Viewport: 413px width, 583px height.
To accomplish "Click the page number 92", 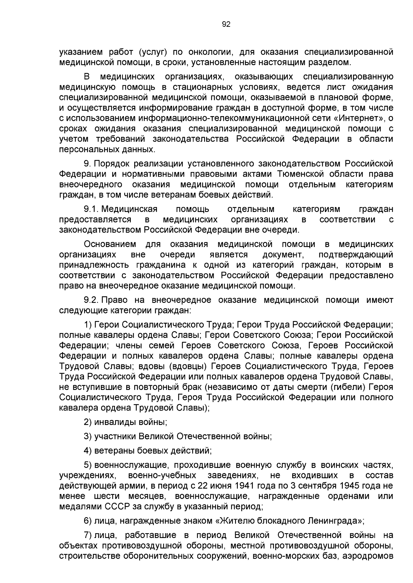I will pyautogui.click(x=226, y=24).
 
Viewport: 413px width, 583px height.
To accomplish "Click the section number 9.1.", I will pyautogui.click(x=92, y=209).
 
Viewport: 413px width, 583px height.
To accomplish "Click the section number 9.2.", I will pyautogui.click(x=92, y=300).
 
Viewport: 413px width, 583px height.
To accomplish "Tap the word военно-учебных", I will pyautogui.click(x=162, y=475).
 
